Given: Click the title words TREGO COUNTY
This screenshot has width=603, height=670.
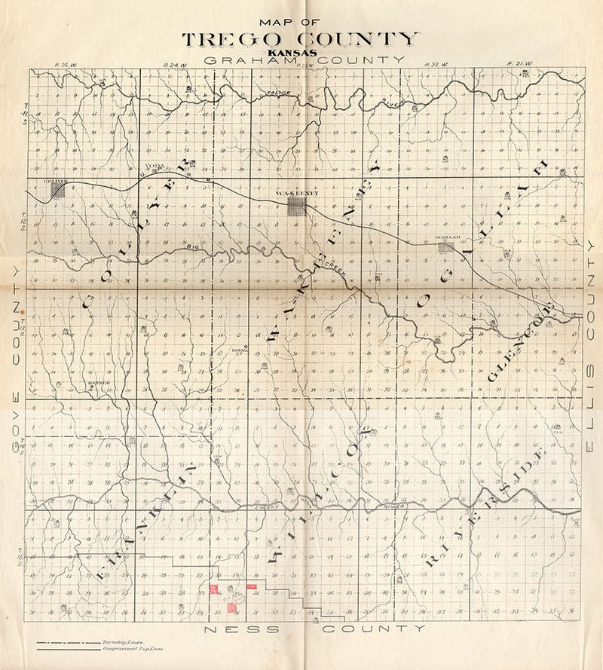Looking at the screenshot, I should point(299,40).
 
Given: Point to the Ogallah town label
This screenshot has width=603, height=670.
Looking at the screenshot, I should point(448,238).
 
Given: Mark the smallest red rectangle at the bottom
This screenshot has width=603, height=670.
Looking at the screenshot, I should point(252,586).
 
